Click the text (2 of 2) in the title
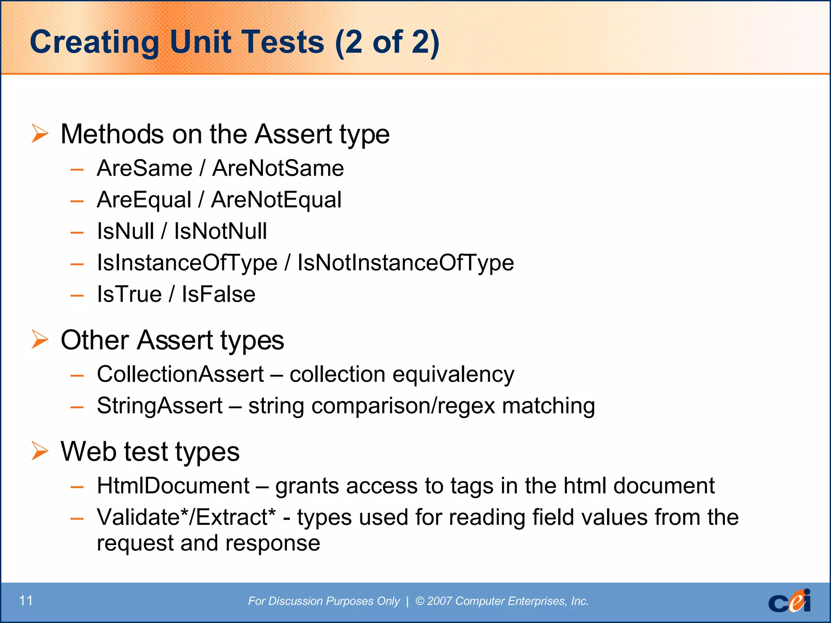(x=387, y=42)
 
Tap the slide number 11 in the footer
(x=26, y=601)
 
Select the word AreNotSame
(x=278, y=168)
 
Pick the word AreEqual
(x=144, y=200)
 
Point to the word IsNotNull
(x=220, y=231)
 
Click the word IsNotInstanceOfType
(x=406, y=263)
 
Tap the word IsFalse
(x=218, y=294)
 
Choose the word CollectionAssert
(x=180, y=374)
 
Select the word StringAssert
(x=160, y=406)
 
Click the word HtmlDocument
(x=173, y=486)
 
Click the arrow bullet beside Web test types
(x=40, y=451)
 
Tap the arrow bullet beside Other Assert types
(x=40, y=339)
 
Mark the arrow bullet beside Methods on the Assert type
(x=40, y=133)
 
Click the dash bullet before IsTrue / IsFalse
(x=77, y=295)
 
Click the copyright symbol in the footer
(x=420, y=601)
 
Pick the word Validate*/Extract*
(x=186, y=518)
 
